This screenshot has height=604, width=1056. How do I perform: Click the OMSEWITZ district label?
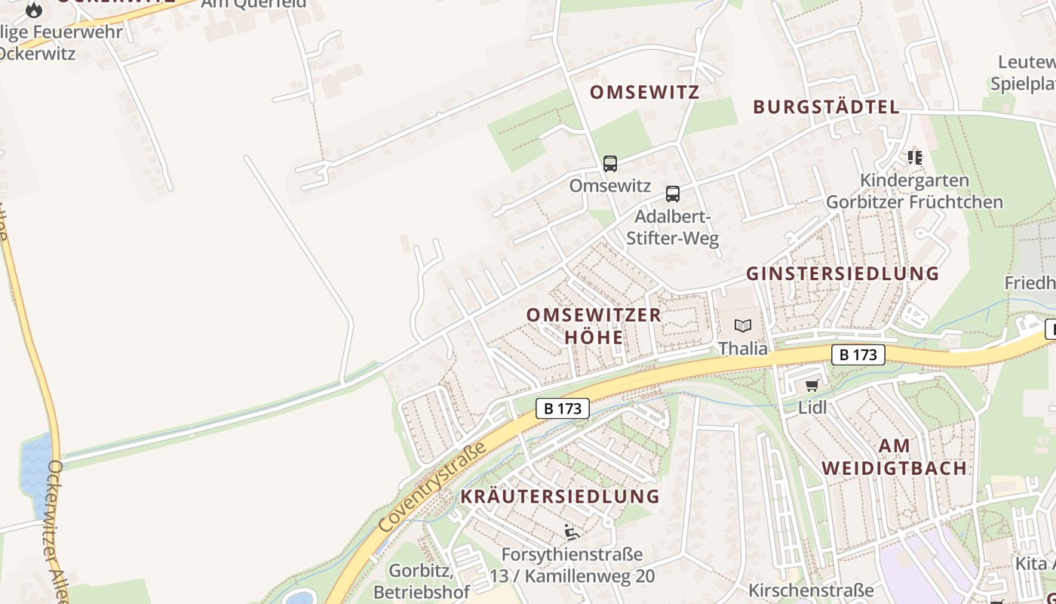tap(644, 92)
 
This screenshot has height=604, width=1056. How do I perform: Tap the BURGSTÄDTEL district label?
tap(826, 106)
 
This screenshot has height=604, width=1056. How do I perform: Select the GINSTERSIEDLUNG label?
tap(843, 273)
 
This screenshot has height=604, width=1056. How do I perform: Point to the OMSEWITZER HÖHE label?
tap(594, 325)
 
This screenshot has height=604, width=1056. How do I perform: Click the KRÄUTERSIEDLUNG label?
tap(560, 496)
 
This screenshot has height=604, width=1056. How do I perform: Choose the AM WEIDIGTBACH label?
tap(895, 457)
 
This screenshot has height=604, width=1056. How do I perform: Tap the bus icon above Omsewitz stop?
tap(610, 163)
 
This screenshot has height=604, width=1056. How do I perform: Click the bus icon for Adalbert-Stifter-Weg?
tap(673, 193)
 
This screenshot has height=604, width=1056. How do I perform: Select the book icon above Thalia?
tap(743, 326)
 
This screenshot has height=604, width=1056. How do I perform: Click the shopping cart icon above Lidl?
tap(812, 386)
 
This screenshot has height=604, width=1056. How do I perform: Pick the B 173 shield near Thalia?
tap(858, 354)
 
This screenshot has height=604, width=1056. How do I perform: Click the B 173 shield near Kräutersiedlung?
tap(563, 408)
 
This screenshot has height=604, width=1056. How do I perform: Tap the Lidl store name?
tap(812, 408)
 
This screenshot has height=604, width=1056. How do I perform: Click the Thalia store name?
tap(743, 348)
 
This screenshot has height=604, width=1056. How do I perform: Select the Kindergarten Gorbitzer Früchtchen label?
tap(914, 191)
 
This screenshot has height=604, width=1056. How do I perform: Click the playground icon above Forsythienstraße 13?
tap(572, 532)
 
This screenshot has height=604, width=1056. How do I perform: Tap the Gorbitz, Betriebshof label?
tap(421, 581)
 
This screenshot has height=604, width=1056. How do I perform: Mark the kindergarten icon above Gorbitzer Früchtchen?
tap(915, 158)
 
